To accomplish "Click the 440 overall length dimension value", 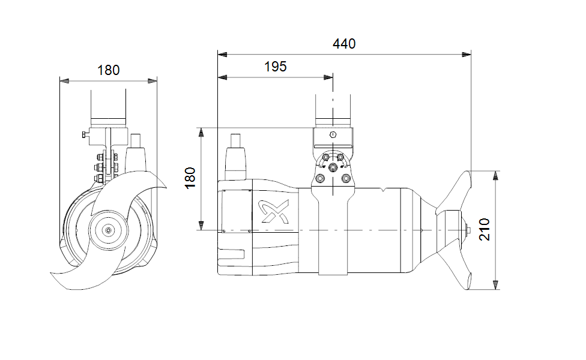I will tap(344, 44).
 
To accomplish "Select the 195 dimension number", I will tap(276, 67).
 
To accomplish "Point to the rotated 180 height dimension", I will tap(190, 178).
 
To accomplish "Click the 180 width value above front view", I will tap(109, 70).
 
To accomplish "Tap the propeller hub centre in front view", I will tap(107, 230).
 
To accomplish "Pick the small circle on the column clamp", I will tap(333, 134).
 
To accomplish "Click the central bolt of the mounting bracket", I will tap(333, 167).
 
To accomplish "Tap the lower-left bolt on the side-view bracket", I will tap(320, 178).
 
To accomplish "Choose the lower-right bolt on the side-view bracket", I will tap(345, 178).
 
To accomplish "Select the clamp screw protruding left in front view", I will tap(84, 134).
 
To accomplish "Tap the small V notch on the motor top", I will tap(384, 189).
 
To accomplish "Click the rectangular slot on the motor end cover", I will tap(234, 255).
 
